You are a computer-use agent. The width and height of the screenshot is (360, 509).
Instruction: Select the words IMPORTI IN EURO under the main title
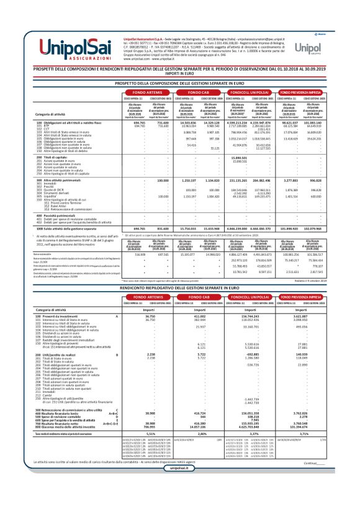click(x=180, y=74)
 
